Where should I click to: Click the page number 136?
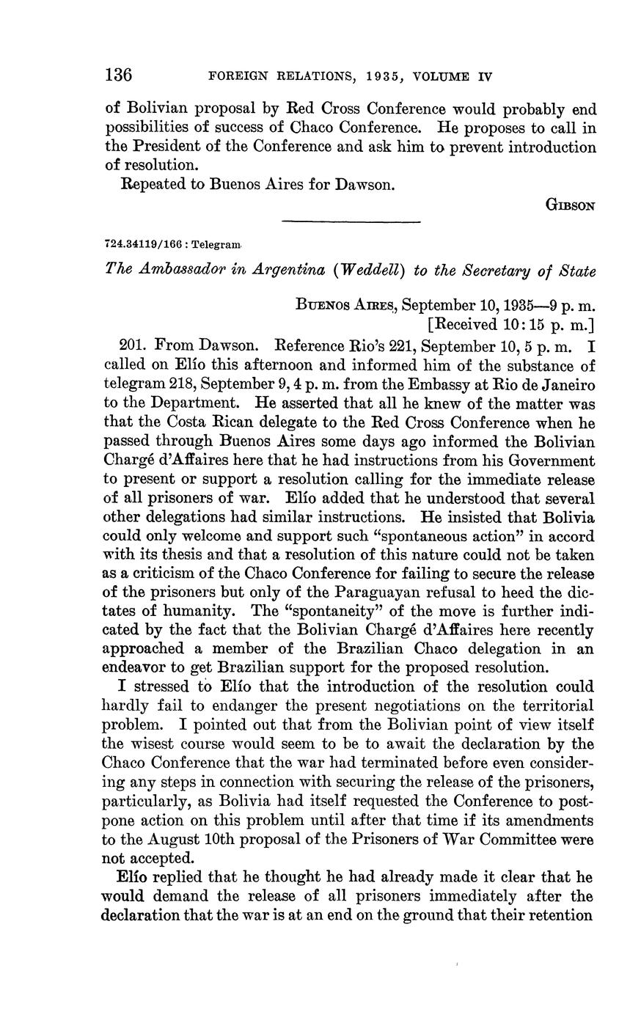pos(119,75)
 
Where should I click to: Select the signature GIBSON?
pos(570,206)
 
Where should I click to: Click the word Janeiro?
pos(569,383)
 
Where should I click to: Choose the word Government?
pos(554,461)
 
